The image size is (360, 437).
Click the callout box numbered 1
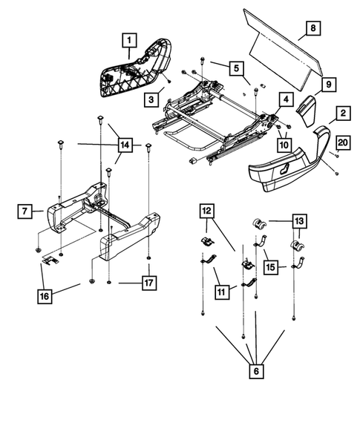(x=129, y=39)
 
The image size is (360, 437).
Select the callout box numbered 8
(x=312, y=29)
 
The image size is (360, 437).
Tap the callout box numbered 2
(x=343, y=113)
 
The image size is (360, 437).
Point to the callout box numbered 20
(x=342, y=142)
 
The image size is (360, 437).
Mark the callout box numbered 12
(x=204, y=212)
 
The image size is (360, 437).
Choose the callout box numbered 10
(x=284, y=145)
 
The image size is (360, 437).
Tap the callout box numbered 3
(x=151, y=98)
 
